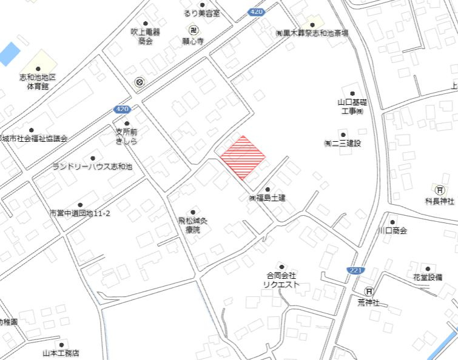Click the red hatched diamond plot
(x=243, y=158)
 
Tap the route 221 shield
(x=355, y=269)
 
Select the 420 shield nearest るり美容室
(x=257, y=12)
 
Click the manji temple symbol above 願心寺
(x=194, y=30)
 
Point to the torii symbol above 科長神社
(x=439, y=188)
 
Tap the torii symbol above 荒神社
(x=368, y=290)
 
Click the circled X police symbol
(x=140, y=82)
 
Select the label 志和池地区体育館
(x=37, y=82)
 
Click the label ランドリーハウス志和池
(x=92, y=166)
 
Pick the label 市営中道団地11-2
(x=79, y=213)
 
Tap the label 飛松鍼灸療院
(x=193, y=225)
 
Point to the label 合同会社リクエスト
(x=280, y=279)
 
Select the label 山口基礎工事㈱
(x=351, y=107)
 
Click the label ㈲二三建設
(x=342, y=144)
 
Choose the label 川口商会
(x=392, y=230)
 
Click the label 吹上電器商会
(x=145, y=36)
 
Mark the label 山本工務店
(x=61, y=353)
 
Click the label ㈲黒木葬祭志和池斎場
(x=312, y=33)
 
